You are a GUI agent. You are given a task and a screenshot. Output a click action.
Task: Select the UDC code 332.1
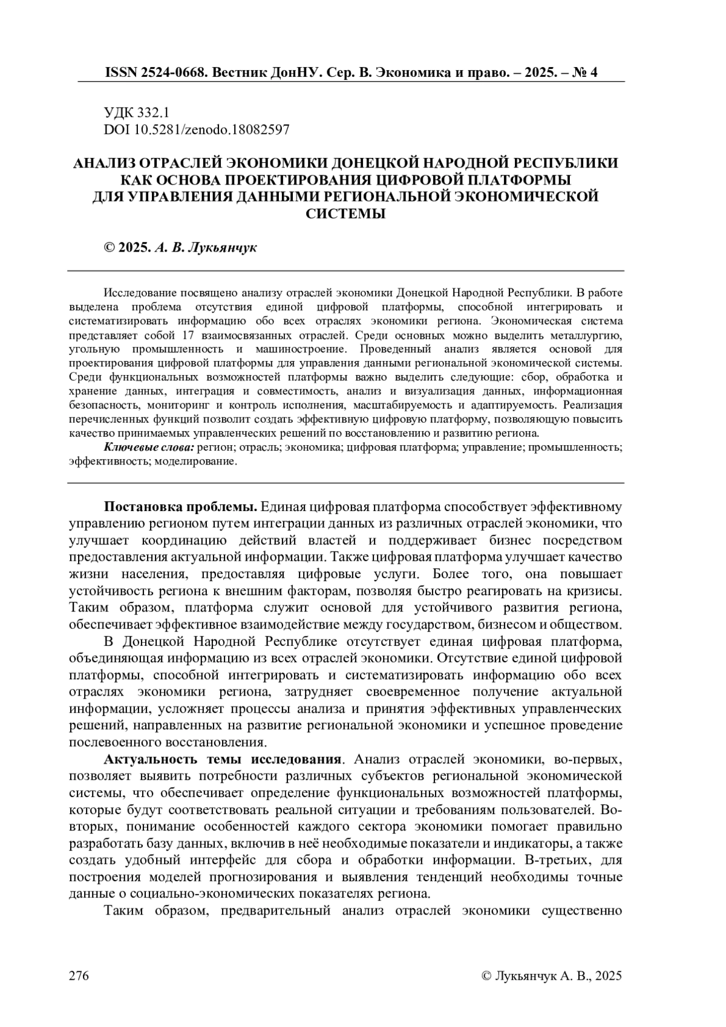pyautogui.click(x=154, y=112)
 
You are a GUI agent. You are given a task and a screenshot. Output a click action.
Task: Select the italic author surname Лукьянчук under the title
pyautogui.click(x=223, y=248)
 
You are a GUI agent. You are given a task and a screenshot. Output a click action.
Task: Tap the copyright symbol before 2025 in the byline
pyautogui.click(x=110, y=248)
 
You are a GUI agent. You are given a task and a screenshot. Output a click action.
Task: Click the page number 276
pyautogui.click(x=79, y=976)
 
